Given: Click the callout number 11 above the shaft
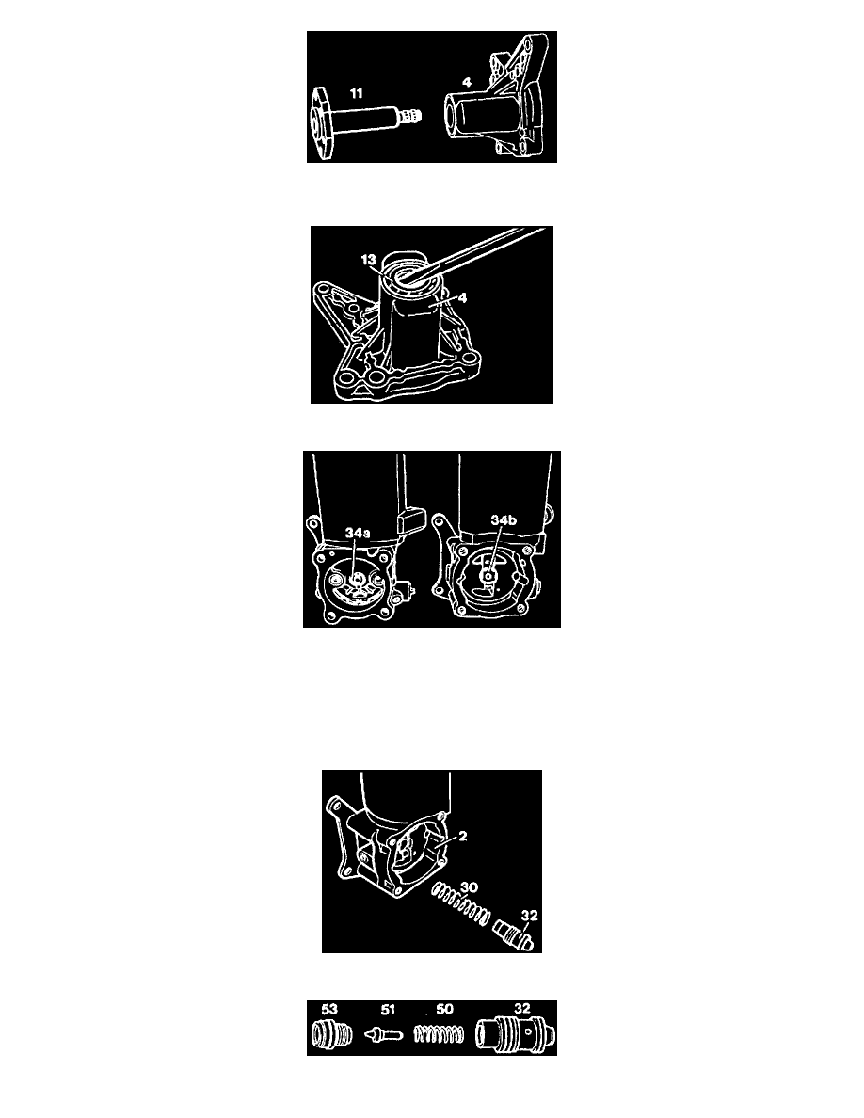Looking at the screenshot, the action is pyautogui.click(x=356, y=92).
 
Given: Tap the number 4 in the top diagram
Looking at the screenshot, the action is pyautogui.click(x=467, y=82).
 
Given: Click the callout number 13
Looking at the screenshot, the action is pyautogui.click(x=369, y=260).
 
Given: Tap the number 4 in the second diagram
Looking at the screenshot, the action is pyautogui.click(x=463, y=298).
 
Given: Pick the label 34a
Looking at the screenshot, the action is pyautogui.click(x=358, y=533).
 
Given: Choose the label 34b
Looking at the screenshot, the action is pyautogui.click(x=504, y=520).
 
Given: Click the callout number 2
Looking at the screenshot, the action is pyautogui.click(x=463, y=836).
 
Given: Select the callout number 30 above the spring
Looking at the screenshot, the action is pyautogui.click(x=469, y=887).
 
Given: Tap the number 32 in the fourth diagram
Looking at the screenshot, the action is pyautogui.click(x=529, y=916).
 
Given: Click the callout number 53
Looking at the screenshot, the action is pyautogui.click(x=329, y=1009).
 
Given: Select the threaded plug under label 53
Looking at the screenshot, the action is pyautogui.click(x=332, y=1033).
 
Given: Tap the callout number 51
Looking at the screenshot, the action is pyautogui.click(x=388, y=1009).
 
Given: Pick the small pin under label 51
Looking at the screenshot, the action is pyautogui.click(x=383, y=1034).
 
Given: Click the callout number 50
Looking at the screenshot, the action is pyautogui.click(x=444, y=1009).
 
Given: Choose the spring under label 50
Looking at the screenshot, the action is pyautogui.click(x=440, y=1034).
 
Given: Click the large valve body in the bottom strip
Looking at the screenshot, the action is pyautogui.click(x=512, y=1032).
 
